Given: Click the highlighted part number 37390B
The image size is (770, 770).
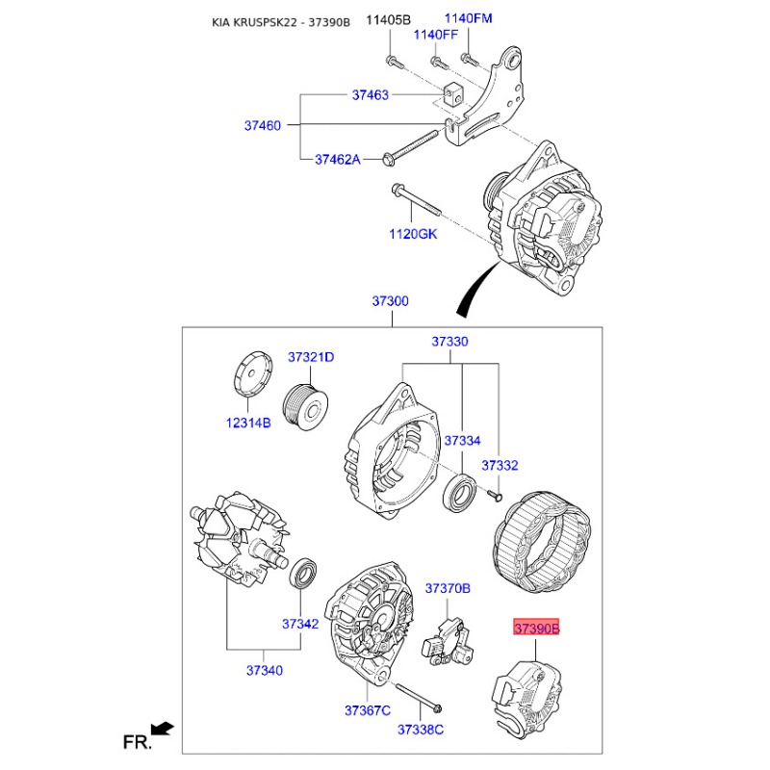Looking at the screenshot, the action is [x=536, y=628].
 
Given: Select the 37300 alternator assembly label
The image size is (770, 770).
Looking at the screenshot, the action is [x=390, y=300].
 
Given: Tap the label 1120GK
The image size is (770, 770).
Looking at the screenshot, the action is [x=413, y=234].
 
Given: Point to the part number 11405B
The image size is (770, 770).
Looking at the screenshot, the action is [x=388, y=20].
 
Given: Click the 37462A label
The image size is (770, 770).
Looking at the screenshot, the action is [x=338, y=159].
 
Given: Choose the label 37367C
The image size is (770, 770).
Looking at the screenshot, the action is [x=368, y=710].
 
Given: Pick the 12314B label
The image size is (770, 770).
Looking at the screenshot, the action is [x=248, y=423].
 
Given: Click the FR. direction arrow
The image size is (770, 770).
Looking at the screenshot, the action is [x=163, y=729].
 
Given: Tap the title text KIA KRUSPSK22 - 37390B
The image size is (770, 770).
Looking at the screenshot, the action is [x=281, y=22].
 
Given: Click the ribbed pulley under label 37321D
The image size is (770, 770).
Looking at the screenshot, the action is [x=305, y=407].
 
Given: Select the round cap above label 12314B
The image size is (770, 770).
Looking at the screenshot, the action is [x=252, y=373].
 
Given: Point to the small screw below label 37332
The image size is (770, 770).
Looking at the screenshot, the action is [x=495, y=496].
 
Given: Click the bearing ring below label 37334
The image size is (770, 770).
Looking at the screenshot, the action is [x=460, y=493].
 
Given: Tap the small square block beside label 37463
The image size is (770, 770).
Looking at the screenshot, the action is [x=452, y=94].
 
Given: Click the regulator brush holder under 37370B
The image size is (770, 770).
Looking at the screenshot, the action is [x=448, y=643].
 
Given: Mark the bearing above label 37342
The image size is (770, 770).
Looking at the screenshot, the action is [x=302, y=573].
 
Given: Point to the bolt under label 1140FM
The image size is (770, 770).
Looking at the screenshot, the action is [x=469, y=60].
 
